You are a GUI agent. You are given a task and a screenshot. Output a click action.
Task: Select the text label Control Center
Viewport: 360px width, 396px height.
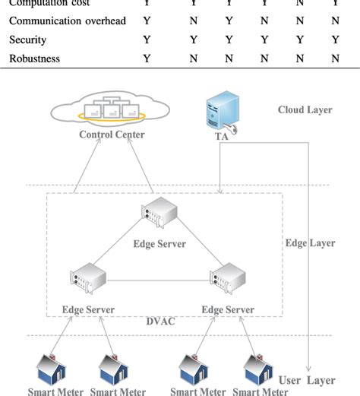112,135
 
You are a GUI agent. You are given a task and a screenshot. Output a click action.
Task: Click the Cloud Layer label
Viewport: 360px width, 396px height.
305,110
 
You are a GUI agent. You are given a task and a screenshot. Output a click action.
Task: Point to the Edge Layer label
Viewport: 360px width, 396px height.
310,243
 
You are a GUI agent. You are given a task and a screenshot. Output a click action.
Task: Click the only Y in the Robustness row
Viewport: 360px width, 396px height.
147,57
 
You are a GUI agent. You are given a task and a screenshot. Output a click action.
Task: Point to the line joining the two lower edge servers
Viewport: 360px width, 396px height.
157,279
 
